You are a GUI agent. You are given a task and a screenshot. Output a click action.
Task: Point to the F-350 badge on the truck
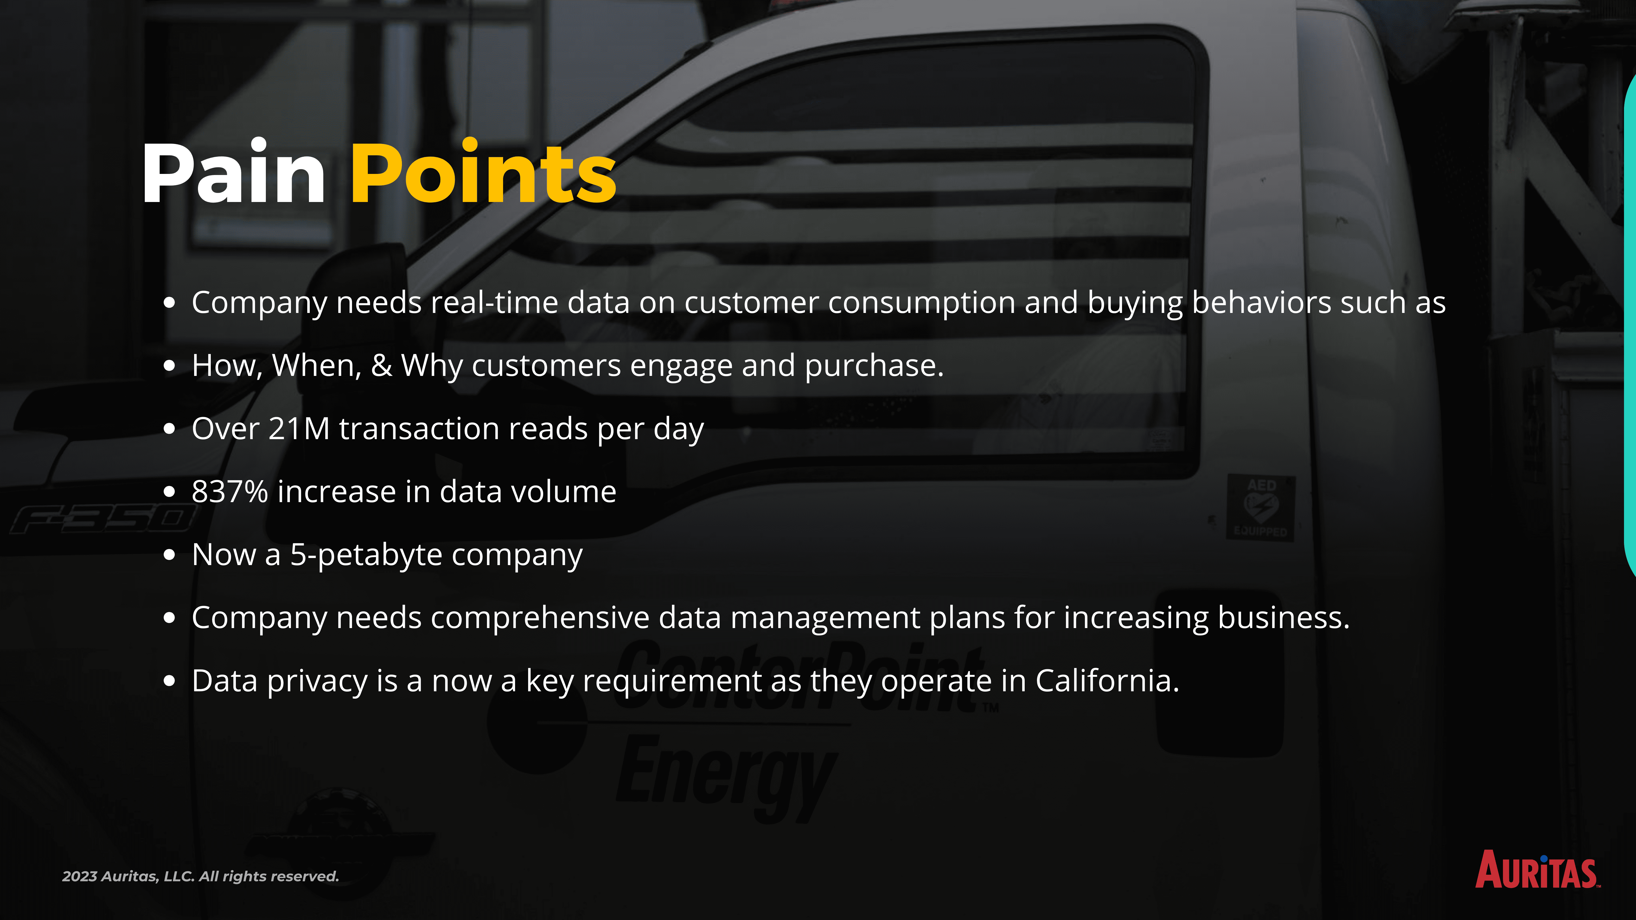coord(102,519)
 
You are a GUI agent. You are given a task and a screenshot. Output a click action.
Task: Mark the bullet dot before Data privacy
coord(169,681)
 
